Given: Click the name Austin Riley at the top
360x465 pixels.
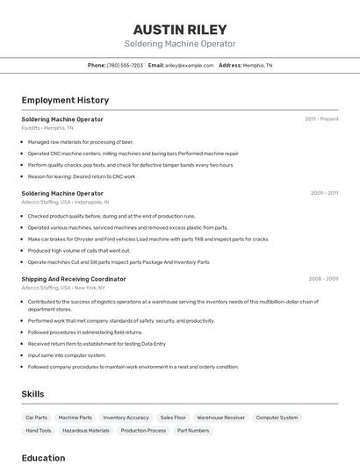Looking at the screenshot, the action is pyautogui.click(x=180, y=29).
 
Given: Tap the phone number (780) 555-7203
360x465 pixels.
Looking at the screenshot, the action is pyautogui.click(x=125, y=65).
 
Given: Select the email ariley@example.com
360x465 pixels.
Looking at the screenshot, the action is pyautogui.click(x=190, y=65).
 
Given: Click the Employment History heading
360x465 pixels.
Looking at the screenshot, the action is pyautogui.click(x=65, y=100).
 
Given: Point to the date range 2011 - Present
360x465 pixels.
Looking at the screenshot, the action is pyautogui.click(x=321, y=118).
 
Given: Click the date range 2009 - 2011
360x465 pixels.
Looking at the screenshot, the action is pyautogui.click(x=324, y=192).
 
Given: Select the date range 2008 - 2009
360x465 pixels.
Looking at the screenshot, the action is pyautogui.click(x=323, y=278).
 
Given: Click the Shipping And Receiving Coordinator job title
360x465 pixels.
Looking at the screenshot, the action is pyautogui.click(x=74, y=279).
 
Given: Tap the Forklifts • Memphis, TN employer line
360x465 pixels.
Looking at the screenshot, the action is pyautogui.click(x=47, y=128).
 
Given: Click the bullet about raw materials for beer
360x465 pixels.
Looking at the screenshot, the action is pyautogui.click(x=80, y=141).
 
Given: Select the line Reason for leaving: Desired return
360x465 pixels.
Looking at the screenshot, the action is pyautogui.click(x=82, y=176).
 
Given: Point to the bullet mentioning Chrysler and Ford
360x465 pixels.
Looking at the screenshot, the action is pyautogui.click(x=148, y=239).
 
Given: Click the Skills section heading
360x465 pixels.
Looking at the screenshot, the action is pyautogui.click(x=32, y=394).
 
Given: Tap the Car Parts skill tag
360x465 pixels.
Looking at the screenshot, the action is pyautogui.click(x=37, y=418).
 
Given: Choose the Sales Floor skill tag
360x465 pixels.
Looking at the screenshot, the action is pyautogui.click(x=173, y=418).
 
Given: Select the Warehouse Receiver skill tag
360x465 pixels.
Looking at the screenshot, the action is pyautogui.click(x=220, y=418).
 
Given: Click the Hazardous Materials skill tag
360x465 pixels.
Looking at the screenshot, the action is pyautogui.click(x=86, y=431).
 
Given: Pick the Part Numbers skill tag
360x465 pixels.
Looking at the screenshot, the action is pyautogui.click(x=193, y=431).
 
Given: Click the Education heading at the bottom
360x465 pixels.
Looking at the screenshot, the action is pyautogui.click(x=43, y=457).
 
